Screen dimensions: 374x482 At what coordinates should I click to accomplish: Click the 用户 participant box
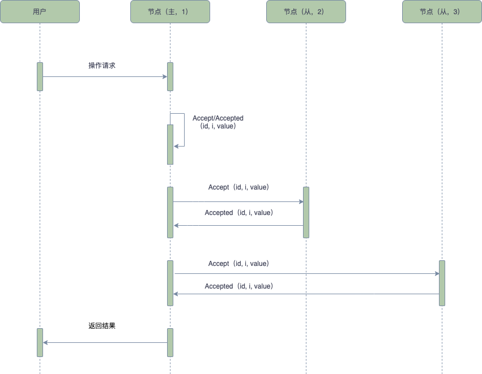pos(40,11)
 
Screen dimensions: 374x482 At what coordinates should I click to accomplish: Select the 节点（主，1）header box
pos(170,11)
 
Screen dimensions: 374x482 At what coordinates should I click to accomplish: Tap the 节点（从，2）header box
pos(306,11)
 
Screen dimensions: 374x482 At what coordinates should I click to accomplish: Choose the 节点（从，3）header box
pos(442,11)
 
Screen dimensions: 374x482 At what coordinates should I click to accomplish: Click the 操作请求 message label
pos(102,66)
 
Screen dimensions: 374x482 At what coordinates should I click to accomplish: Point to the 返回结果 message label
pos(102,326)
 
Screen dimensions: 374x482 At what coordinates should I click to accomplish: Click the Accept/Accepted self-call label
pos(218,122)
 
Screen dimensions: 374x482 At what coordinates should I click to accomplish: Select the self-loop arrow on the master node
pos(184,130)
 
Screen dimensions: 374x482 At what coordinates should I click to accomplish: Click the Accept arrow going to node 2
pos(238,201)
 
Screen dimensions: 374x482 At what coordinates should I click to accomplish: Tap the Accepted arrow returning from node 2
pos(238,226)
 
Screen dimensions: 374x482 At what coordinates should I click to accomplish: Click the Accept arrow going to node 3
pos(306,274)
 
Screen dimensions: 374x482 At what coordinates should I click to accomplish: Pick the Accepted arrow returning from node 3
pos(306,294)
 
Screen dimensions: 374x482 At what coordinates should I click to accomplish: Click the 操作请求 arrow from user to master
pos(105,76)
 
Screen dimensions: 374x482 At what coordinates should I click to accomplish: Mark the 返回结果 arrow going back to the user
pos(105,342)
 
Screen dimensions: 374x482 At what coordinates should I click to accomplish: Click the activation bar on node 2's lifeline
pos(306,212)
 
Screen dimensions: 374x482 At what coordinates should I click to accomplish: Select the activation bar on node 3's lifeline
pos(442,283)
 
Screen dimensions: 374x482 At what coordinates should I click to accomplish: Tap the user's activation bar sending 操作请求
pos(40,76)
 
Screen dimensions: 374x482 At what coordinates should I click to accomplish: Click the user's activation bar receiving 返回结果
pos(40,342)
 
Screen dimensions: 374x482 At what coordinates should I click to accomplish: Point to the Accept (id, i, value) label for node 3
pos(238,264)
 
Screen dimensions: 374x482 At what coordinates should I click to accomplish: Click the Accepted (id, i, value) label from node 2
pos(238,213)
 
